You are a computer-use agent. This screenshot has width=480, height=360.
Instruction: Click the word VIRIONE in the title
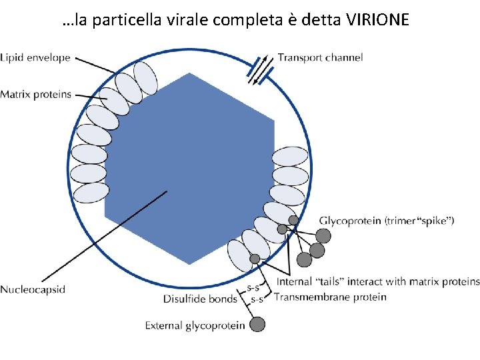pos(379,21)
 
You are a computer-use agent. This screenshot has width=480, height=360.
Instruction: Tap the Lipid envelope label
pos(35,58)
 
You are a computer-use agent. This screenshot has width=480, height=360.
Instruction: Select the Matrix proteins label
pos(35,95)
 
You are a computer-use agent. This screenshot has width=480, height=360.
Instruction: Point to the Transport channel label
pos(320,57)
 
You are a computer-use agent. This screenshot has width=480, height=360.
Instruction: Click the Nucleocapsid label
pos(33,289)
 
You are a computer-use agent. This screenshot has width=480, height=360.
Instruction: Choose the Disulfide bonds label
pos(200,299)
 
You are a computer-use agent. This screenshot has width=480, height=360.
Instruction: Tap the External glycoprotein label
pos(195,325)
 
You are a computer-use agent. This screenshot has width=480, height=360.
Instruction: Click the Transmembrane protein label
pos(330,297)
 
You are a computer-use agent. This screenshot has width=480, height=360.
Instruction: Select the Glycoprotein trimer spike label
pos(387,221)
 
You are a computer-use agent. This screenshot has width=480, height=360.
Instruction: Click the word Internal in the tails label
pos(295,282)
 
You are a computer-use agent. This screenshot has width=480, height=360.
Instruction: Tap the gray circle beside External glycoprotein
pos(257,325)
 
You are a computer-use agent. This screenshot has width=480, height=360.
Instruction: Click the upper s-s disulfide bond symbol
pos(253,288)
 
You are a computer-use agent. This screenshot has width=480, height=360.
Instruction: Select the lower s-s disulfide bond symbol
pos(257,300)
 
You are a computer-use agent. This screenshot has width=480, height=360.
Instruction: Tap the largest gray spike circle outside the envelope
pos(323,235)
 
